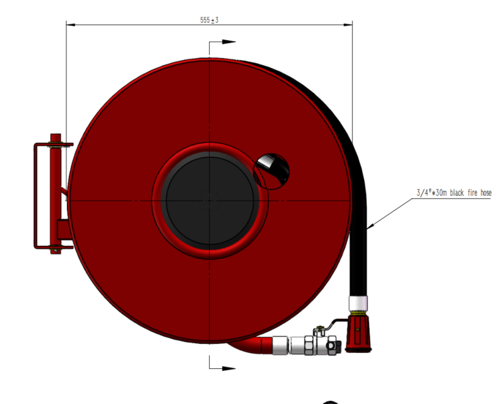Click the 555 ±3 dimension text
point(209,20)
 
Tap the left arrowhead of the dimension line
point(71,24)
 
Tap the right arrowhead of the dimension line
point(348,24)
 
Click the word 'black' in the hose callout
point(457,193)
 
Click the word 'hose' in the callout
point(485,193)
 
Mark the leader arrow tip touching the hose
point(368,229)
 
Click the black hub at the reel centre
point(209,201)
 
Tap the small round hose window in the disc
point(271,171)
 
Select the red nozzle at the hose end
point(358,334)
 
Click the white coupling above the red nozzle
point(358,303)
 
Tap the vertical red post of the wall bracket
point(56,194)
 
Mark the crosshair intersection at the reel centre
point(209,201)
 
